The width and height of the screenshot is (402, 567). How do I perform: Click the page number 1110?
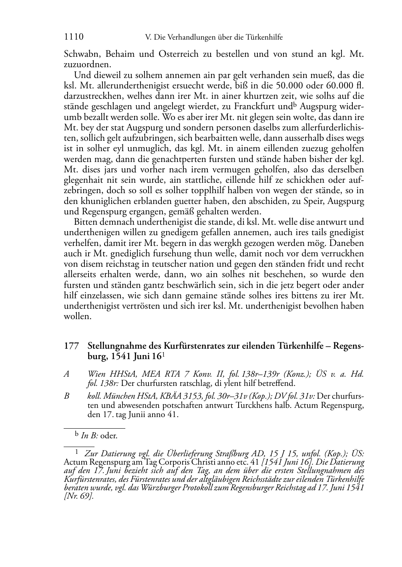[x=74, y=37]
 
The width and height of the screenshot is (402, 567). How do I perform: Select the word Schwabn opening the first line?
[x=79, y=54]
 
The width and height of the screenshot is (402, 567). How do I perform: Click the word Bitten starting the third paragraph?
[x=85, y=222]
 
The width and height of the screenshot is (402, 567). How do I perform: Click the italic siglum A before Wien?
[x=66, y=374]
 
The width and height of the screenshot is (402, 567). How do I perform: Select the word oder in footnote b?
[x=109, y=436]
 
